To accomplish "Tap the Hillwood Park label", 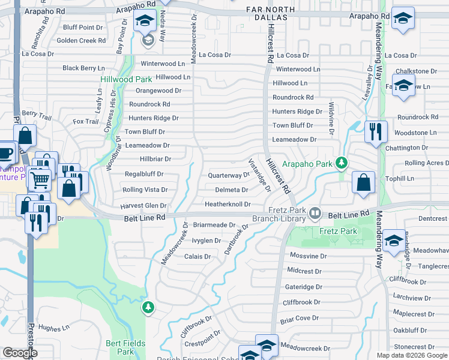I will point(126,79).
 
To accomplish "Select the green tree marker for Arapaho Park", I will point(342,163).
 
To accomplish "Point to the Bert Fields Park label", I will point(125,347).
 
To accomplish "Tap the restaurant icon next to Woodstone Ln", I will point(376,131).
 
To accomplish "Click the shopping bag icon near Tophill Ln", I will point(364,183).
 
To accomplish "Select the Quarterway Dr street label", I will point(228,175).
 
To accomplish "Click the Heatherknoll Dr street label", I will point(228,205).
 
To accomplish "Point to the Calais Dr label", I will point(197,256).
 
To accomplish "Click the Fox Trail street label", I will point(86,122).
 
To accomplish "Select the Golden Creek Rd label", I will point(81,41).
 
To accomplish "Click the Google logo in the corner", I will point(20,353).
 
